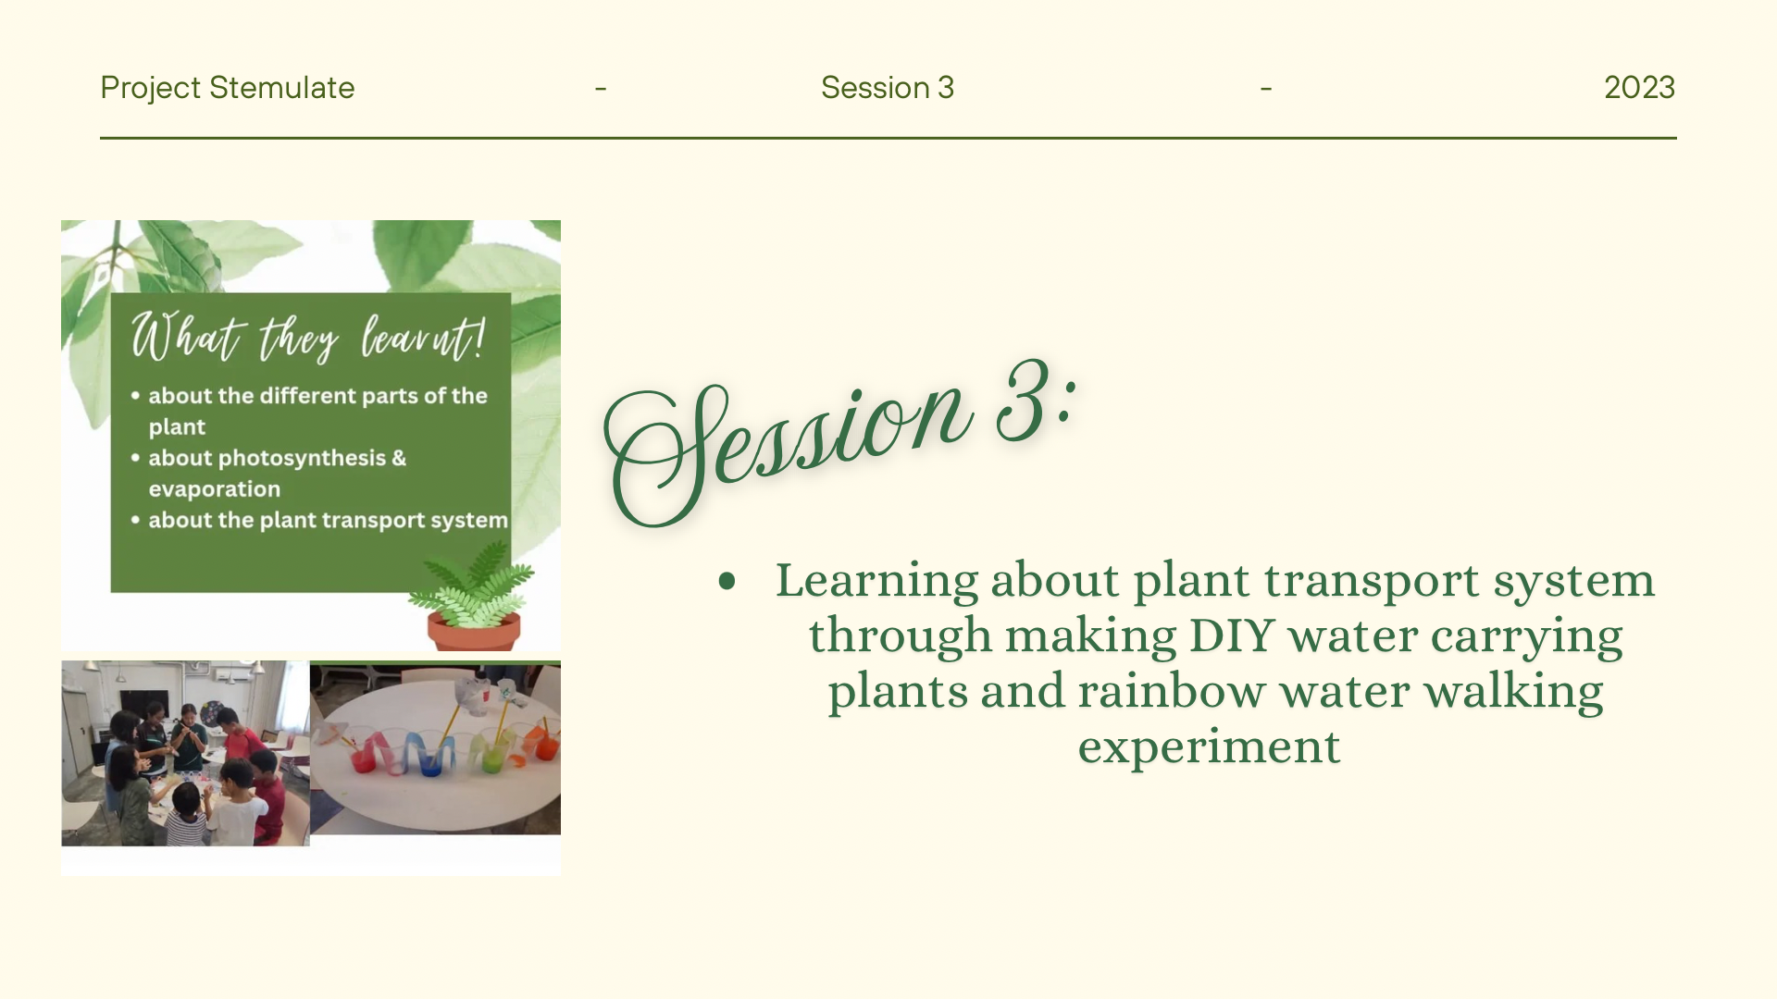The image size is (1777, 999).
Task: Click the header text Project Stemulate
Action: [227, 88]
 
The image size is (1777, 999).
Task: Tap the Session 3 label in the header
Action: [887, 88]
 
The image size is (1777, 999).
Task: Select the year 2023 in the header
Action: [1639, 88]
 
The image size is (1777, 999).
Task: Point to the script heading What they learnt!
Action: [307, 338]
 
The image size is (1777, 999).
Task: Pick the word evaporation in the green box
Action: [214, 489]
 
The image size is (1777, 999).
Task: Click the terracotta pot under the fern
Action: [473, 632]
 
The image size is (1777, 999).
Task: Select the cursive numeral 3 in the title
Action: [1026, 402]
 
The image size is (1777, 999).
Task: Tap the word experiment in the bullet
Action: [1209, 747]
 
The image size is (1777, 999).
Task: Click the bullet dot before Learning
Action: [727, 581]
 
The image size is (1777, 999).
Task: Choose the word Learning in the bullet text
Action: [876, 582]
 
